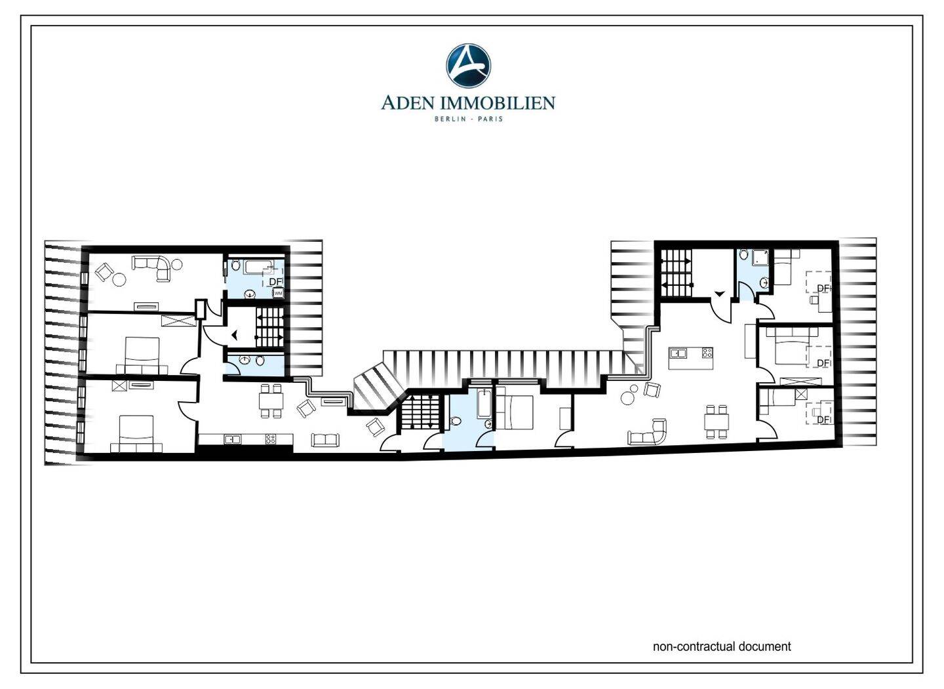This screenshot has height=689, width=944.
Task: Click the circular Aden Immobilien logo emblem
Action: tap(468, 66)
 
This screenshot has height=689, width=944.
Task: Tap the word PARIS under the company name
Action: tap(491, 119)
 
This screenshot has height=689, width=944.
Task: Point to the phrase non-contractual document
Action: tap(722, 658)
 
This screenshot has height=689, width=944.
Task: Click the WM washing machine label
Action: tap(278, 293)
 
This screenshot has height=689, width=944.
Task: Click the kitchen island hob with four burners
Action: tap(707, 353)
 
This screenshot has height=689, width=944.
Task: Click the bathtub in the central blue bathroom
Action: tap(483, 403)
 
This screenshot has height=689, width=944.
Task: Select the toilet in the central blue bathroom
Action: tap(455, 421)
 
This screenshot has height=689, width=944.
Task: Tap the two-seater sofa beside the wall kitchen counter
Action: tap(325, 440)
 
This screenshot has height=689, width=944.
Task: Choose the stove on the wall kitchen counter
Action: tap(271, 439)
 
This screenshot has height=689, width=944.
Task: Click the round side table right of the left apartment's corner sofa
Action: tap(178, 265)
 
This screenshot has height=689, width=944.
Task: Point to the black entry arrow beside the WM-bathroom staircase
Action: tap(235, 336)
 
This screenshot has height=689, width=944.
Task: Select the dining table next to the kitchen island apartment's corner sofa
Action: tap(717, 422)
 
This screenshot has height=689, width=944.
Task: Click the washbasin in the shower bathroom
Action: tap(764, 283)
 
